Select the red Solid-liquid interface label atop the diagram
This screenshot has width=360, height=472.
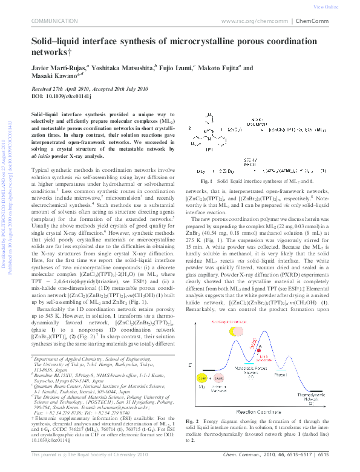pos(225,321)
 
